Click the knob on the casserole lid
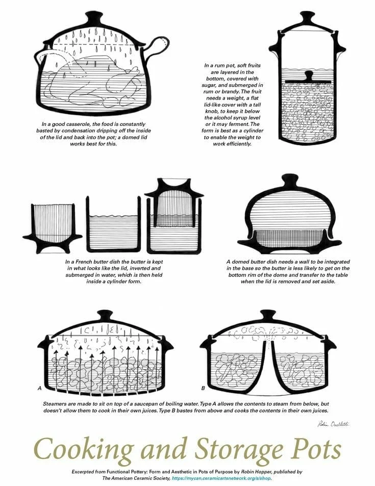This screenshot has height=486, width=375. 94,18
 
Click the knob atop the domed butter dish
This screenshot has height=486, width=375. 289,181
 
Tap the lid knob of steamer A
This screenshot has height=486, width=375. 106,316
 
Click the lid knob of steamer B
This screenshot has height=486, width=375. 267,316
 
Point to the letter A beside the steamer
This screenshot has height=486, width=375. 39,388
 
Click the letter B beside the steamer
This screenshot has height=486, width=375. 203,388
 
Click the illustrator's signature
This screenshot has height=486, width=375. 334,424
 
